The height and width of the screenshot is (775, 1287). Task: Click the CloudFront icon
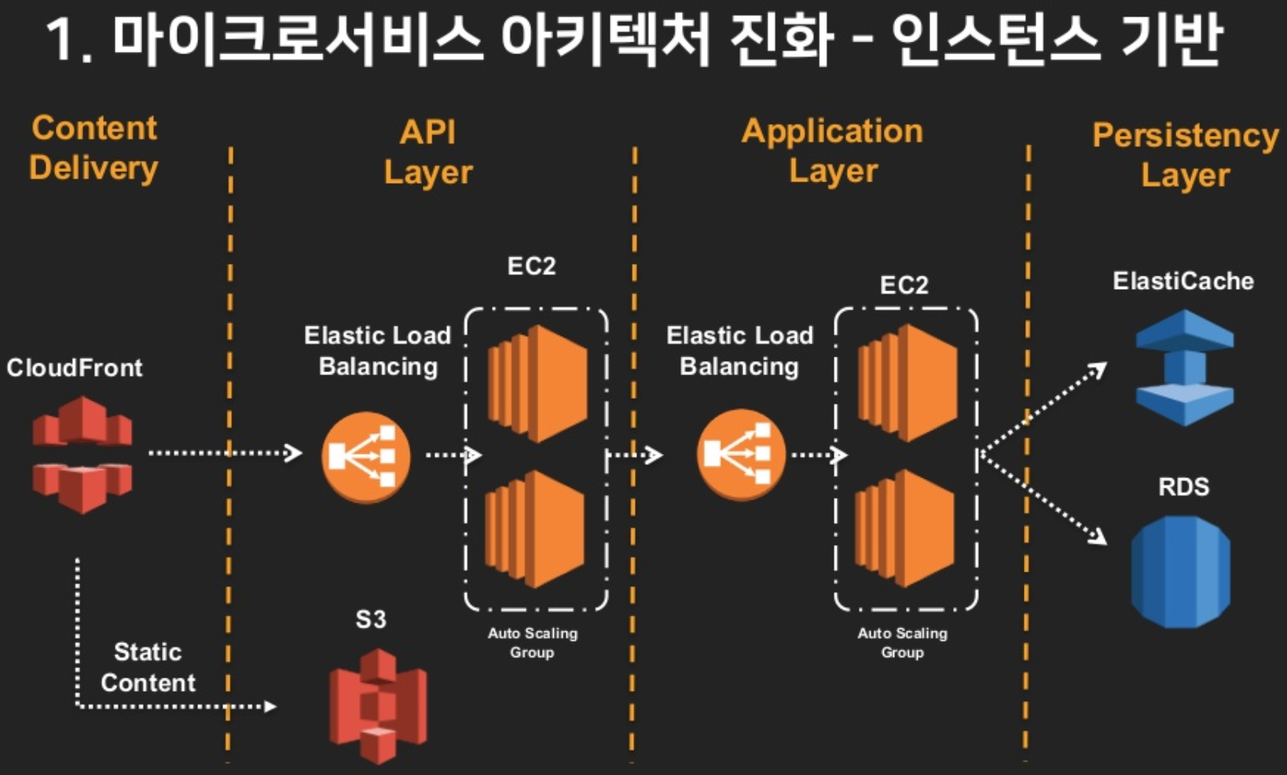pyautogui.click(x=82, y=455)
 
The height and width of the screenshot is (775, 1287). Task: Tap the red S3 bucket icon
pyautogui.click(x=378, y=705)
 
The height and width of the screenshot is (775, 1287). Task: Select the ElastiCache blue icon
pyautogui.click(x=1184, y=367)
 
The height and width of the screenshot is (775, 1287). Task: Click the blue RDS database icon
pyautogui.click(x=1180, y=572)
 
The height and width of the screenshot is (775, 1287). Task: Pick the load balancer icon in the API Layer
pyautogui.click(x=365, y=456)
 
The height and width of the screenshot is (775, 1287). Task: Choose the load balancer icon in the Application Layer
pyautogui.click(x=740, y=455)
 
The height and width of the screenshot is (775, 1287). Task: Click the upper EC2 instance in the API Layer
pyautogui.click(x=537, y=384)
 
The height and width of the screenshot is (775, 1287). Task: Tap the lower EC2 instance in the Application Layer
pyautogui.click(x=905, y=528)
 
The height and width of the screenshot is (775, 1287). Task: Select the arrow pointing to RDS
pyautogui.click(x=1045, y=499)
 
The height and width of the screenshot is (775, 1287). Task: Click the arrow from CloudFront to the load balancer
pyautogui.click(x=225, y=453)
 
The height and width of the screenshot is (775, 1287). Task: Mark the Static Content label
pyautogui.click(x=148, y=667)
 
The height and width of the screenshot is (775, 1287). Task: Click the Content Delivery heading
pyautogui.click(x=93, y=148)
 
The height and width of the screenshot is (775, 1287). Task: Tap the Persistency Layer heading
pyautogui.click(x=1185, y=155)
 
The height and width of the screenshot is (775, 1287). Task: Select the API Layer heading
pyautogui.click(x=428, y=152)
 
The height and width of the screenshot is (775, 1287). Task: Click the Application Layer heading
pyautogui.click(x=833, y=151)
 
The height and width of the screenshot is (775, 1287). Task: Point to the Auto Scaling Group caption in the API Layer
pyautogui.click(x=532, y=642)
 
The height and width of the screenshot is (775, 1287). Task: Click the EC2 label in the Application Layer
pyautogui.click(x=904, y=285)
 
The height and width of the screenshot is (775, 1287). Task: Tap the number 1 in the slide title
pyautogui.click(x=62, y=41)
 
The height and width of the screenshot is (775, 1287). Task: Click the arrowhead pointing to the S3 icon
pyautogui.click(x=269, y=707)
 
